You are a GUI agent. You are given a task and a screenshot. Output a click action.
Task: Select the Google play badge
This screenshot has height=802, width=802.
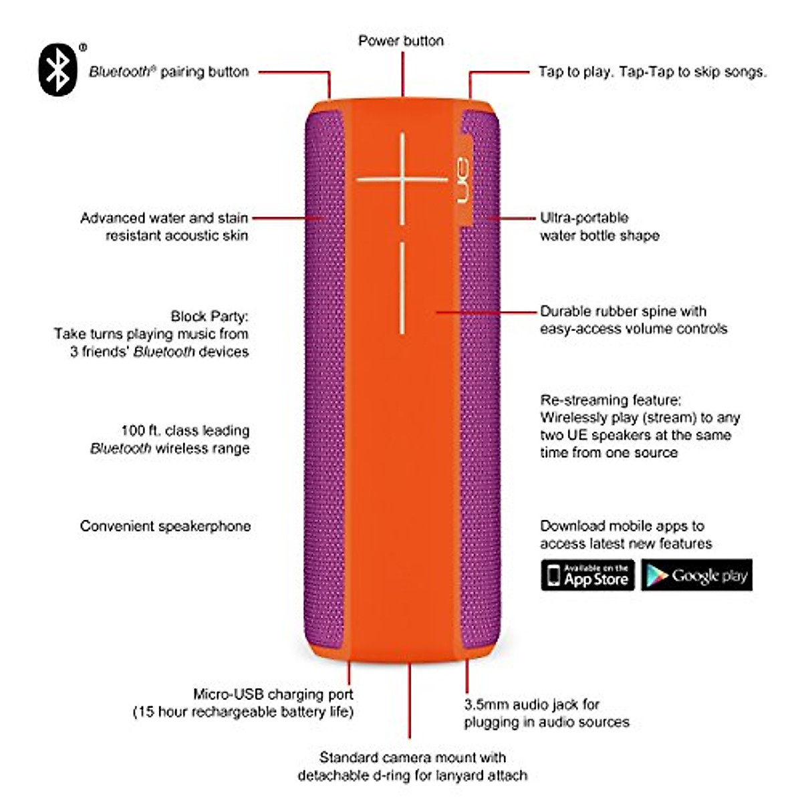(696, 575)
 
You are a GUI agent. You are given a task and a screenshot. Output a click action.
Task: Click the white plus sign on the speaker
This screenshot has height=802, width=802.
(402, 179)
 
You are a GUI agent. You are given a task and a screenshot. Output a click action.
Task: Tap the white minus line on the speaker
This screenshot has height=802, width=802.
(402, 288)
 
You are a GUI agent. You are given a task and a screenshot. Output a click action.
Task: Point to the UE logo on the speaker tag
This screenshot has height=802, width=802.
(463, 180)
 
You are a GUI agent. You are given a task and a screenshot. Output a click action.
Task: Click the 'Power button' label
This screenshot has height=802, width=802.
(401, 41)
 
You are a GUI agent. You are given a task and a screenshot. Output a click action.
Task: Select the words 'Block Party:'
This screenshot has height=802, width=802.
(209, 316)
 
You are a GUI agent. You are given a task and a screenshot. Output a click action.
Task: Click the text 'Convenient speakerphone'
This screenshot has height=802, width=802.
(165, 526)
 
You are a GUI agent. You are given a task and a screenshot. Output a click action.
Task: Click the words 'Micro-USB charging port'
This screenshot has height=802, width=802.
(273, 694)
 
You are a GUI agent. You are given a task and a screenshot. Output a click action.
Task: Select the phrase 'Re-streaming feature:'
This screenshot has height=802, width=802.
(611, 400)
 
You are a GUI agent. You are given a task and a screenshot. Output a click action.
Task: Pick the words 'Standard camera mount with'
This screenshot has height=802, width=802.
(412, 757)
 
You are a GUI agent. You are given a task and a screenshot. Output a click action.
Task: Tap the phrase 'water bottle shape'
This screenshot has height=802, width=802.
(599, 235)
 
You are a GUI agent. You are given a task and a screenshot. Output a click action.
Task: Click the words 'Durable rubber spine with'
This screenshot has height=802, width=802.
(623, 311)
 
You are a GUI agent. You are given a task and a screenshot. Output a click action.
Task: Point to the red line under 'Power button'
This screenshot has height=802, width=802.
(403, 74)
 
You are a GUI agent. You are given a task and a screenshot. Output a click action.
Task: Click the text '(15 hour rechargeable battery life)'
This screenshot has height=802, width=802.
(243, 712)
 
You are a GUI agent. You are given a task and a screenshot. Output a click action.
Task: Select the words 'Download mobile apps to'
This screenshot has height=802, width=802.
(622, 526)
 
